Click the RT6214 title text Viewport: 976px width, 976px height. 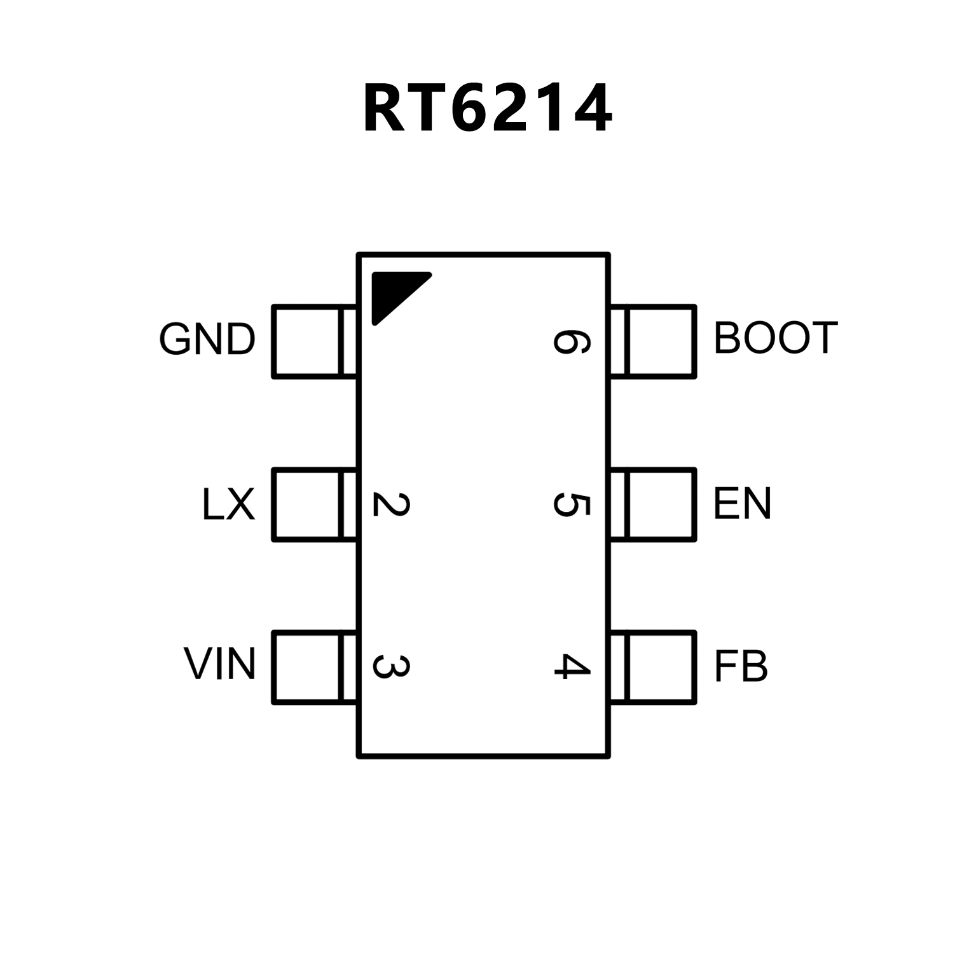[487, 109]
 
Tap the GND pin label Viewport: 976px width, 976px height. [207, 340]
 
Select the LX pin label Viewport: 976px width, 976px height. [228, 505]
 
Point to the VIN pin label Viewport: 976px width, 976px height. [220, 664]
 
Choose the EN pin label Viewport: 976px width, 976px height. [742, 504]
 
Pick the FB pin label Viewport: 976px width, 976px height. [741, 666]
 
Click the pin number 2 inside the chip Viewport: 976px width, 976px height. [390, 504]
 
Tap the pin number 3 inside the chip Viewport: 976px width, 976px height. [390, 666]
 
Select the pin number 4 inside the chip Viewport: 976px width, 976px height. [571, 666]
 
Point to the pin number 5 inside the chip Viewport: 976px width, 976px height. [571, 504]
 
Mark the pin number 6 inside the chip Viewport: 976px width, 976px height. [571, 341]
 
